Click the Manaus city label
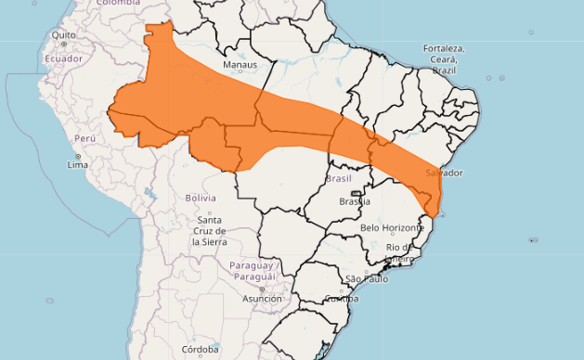(x=240, y=65)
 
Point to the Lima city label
(x=78, y=164)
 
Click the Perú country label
(x=85, y=138)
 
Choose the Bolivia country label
(x=200, y=198)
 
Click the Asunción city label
(x=262, y=299)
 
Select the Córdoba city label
(x=200, y=350)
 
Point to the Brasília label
(x=355, y=201)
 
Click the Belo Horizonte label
(x=396, y=227)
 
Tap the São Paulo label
(x=366, y=278)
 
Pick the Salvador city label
(x=444, y=174)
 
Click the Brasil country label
(x=338, y=178)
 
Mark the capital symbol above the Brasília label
(x=356, y=192)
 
